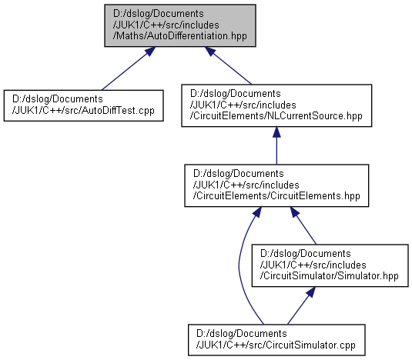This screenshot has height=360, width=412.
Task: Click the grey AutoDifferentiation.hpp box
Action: click(180, 25)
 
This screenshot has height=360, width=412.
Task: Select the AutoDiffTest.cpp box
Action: click(84, 105)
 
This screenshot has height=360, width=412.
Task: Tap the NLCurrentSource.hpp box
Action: click(276, 105)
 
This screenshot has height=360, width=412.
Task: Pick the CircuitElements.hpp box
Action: click(276, 185)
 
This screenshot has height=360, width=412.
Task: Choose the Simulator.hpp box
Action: click(330, 265)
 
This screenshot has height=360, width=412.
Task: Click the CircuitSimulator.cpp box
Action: click(276, 340)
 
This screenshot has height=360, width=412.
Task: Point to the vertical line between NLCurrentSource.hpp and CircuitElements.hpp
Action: click(276, 145)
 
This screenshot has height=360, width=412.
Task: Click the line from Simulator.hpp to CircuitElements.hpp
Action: click(303, 225)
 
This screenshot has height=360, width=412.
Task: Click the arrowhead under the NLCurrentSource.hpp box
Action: click(276, 132)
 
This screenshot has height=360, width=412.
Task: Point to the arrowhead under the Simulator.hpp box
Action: click(311, 292)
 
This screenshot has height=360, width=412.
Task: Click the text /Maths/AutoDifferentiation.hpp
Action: click(180, 36)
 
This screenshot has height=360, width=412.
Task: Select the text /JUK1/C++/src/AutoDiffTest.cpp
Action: click(83, 111)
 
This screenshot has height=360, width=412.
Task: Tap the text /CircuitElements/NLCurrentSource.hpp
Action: click(276, 116)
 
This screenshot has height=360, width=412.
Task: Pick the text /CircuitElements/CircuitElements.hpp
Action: click(276, 196)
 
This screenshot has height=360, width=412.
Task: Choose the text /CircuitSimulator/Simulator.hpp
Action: click(330, 276)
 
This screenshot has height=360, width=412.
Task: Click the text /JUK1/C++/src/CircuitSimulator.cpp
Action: click(276, 345)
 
